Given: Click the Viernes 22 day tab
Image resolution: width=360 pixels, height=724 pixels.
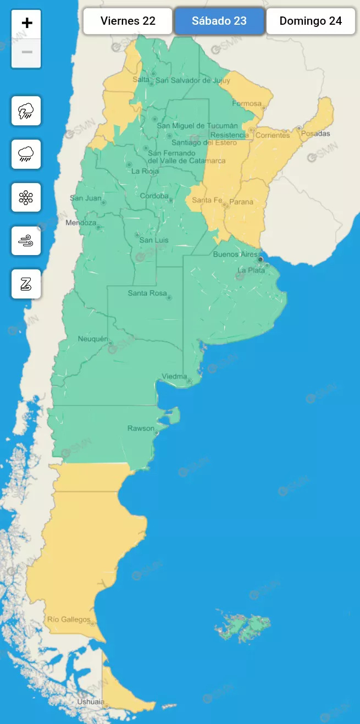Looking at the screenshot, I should point(128,21).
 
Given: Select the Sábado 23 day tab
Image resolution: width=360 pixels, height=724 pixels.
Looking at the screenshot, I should point(219,21).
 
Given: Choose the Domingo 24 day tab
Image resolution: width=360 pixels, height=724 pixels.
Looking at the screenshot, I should point(311,21).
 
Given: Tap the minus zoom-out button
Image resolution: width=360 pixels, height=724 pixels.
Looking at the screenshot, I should point(26,53).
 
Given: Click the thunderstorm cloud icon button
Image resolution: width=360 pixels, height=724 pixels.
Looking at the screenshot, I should point(26,111).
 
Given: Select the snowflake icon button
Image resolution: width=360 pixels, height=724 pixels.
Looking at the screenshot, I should point(26,198).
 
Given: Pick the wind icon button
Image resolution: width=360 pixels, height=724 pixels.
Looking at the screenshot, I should point(26,241).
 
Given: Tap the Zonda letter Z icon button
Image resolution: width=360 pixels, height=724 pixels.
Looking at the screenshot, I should point(26,284).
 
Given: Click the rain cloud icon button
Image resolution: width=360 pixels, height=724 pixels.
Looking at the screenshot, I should point(26,154).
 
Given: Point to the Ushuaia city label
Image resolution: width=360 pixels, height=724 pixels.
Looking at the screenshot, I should point(91,701).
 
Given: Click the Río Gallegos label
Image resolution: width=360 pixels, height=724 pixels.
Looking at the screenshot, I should point(69,620).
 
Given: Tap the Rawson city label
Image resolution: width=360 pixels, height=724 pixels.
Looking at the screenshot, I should point(141,428).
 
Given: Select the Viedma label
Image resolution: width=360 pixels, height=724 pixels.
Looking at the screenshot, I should point(174,377).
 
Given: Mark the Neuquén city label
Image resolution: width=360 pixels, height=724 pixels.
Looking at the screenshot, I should point(93,339).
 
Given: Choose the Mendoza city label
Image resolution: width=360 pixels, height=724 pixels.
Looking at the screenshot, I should point(81,223).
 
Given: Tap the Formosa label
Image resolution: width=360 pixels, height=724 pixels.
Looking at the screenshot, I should point(246,103).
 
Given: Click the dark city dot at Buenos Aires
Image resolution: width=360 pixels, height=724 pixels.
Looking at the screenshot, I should point(261,259).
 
